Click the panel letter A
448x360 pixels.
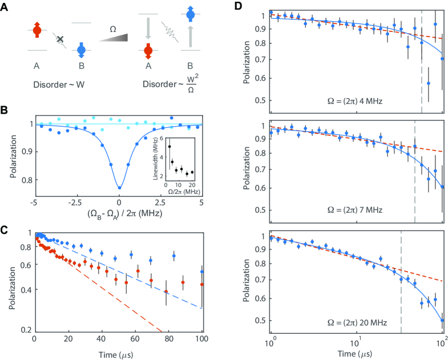[5, 7]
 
